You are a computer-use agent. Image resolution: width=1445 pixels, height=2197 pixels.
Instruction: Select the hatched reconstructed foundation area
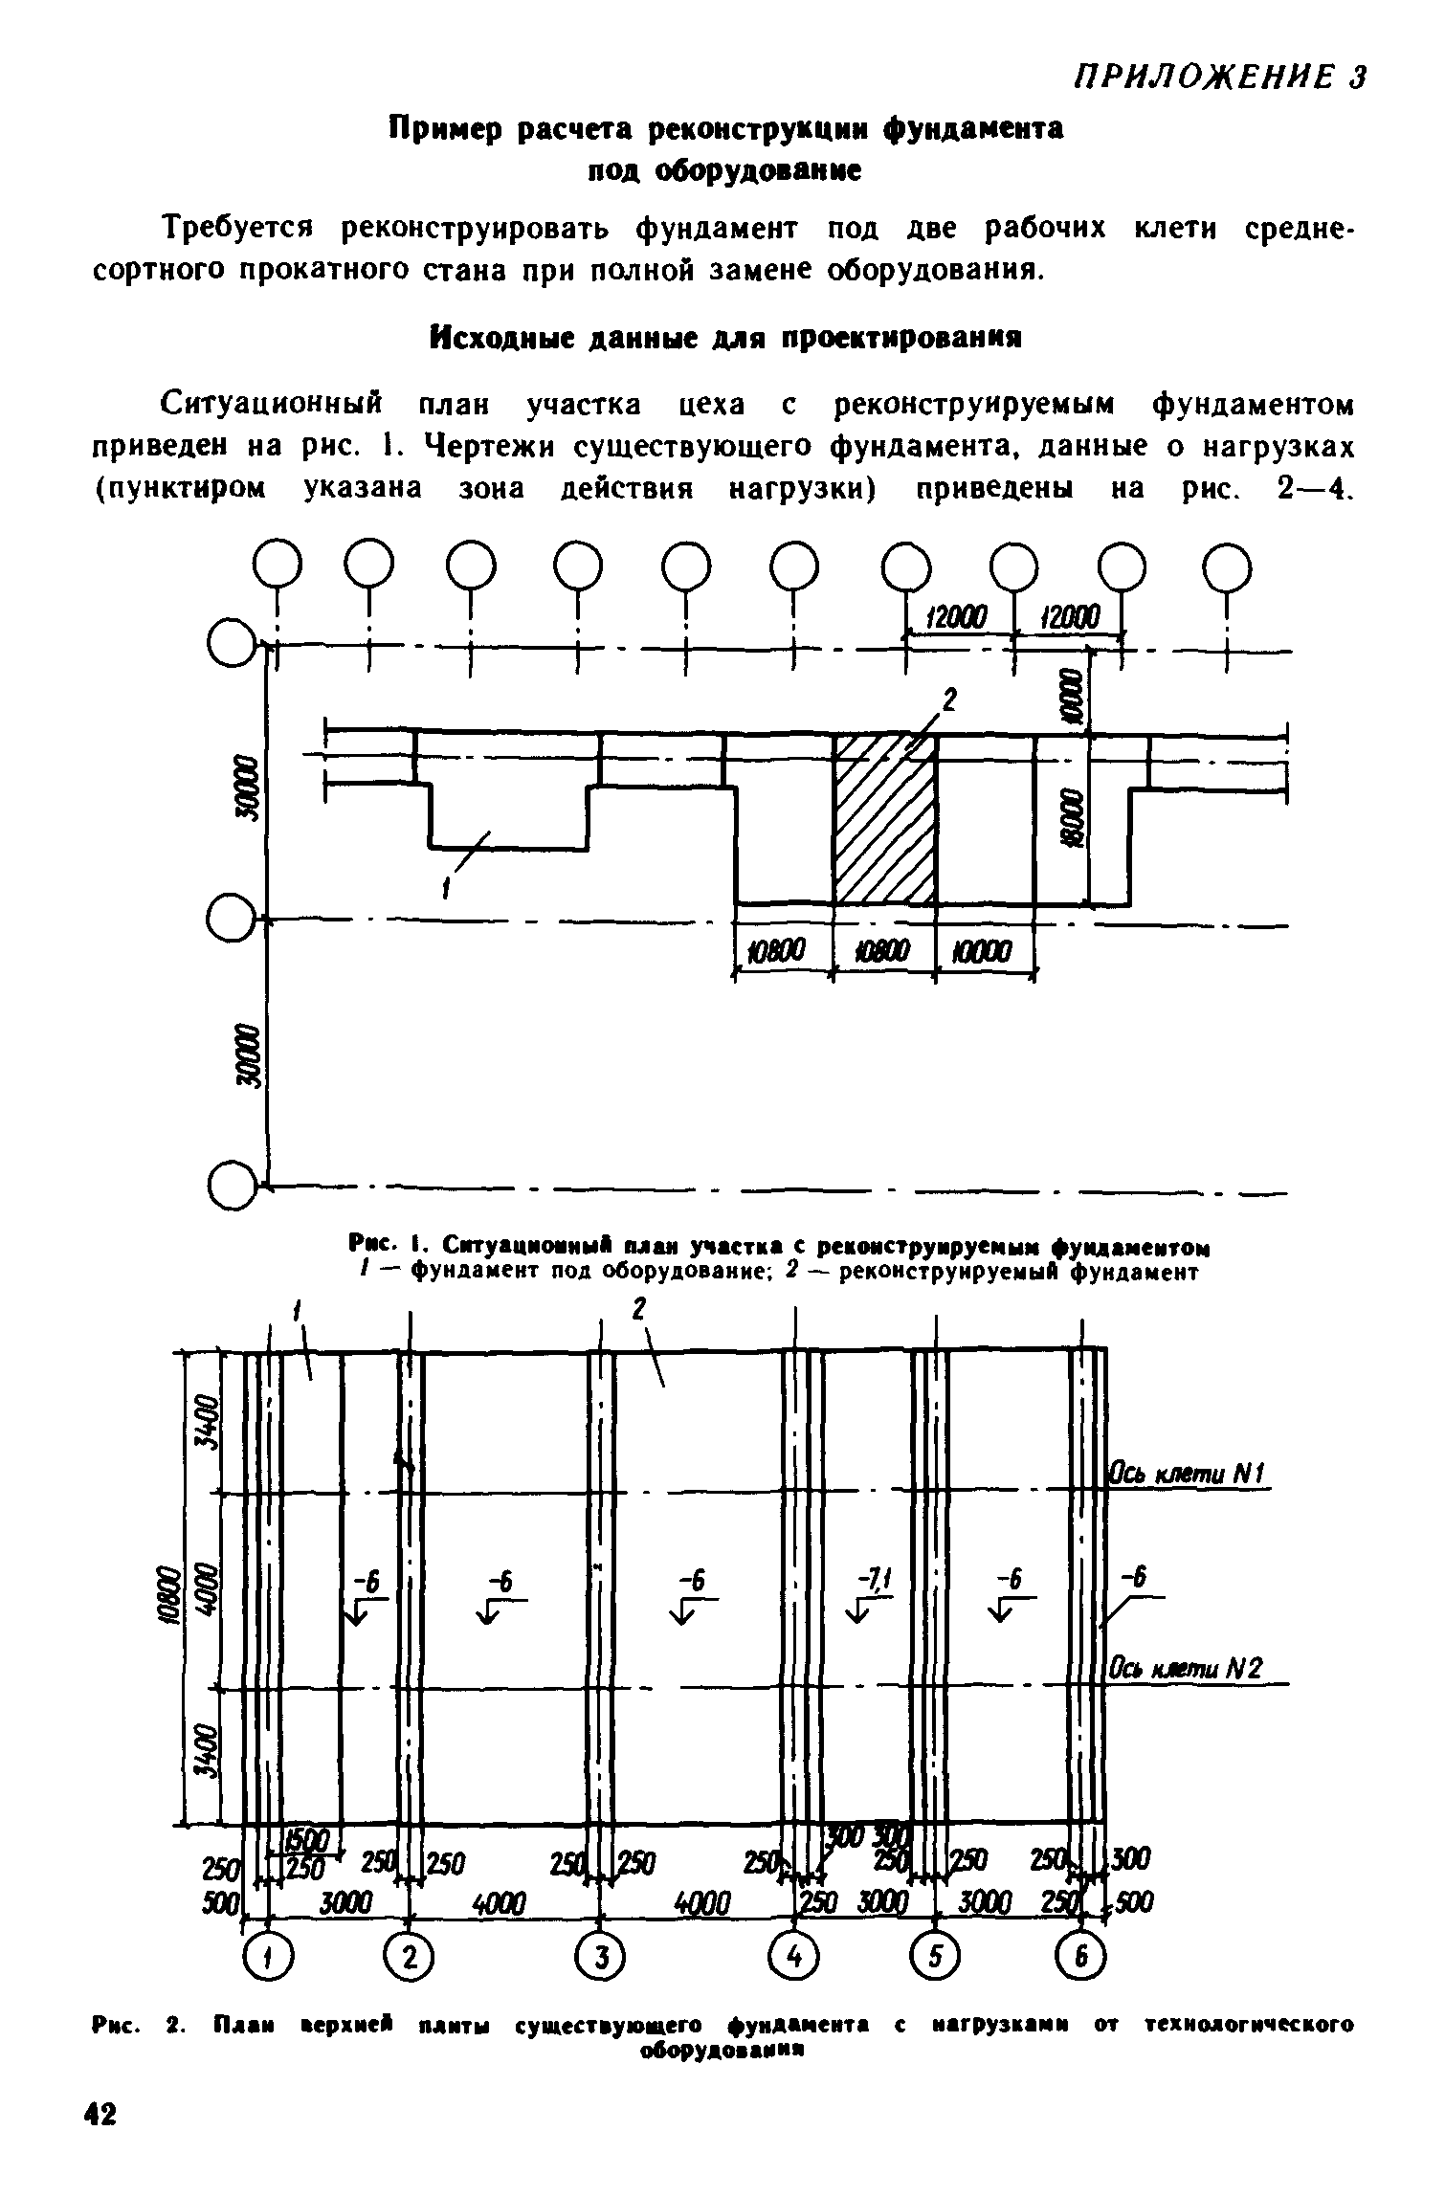point(884,819)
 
